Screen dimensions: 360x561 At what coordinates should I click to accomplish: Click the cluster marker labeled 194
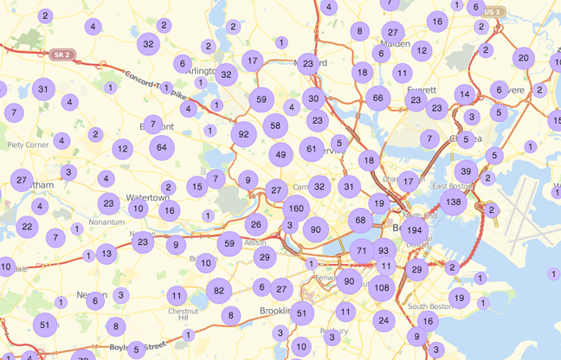tap(413, 230)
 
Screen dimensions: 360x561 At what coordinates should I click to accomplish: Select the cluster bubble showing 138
tap(452, 202)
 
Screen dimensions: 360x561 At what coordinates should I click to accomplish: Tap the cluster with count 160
tap(295, 209)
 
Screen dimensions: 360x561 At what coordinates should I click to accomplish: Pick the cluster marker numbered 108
tap(382, 286)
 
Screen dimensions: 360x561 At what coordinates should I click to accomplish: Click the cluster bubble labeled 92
tap(244, 134)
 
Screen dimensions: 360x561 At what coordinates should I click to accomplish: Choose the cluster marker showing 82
tap(219, 291)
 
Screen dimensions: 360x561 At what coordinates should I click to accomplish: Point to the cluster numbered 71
tap(363, 251)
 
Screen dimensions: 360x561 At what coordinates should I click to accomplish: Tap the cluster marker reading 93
tap(384, 251)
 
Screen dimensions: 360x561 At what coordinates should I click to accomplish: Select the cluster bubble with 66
tap(377, 99)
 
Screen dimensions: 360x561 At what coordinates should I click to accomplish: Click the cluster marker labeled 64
tap(162, 147)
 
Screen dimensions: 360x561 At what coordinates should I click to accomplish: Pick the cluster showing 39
tap(466, 170)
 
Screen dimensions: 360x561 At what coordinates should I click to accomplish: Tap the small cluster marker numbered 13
tap(106, 254)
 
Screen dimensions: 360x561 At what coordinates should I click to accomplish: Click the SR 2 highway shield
tap(60, 55)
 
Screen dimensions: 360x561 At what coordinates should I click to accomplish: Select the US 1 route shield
tap(492, 11)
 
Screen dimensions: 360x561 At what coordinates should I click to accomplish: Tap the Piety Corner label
tap(28, 145)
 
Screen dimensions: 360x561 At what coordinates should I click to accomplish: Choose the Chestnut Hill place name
tap(184, 314)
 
